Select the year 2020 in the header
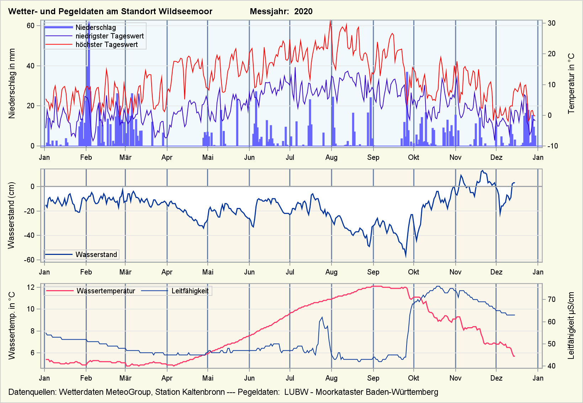303,11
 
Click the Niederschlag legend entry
95,27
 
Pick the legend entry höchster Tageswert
106,45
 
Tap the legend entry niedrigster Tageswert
110,36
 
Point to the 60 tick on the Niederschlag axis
31,26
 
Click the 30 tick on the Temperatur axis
552,23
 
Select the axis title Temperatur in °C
571,84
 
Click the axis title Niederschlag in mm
12,84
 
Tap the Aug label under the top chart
331,157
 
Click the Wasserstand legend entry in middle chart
96,255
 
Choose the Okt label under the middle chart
413,272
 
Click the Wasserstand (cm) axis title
11,215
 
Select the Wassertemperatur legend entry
106,291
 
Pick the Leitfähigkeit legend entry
190,291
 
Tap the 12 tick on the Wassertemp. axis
31,287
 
